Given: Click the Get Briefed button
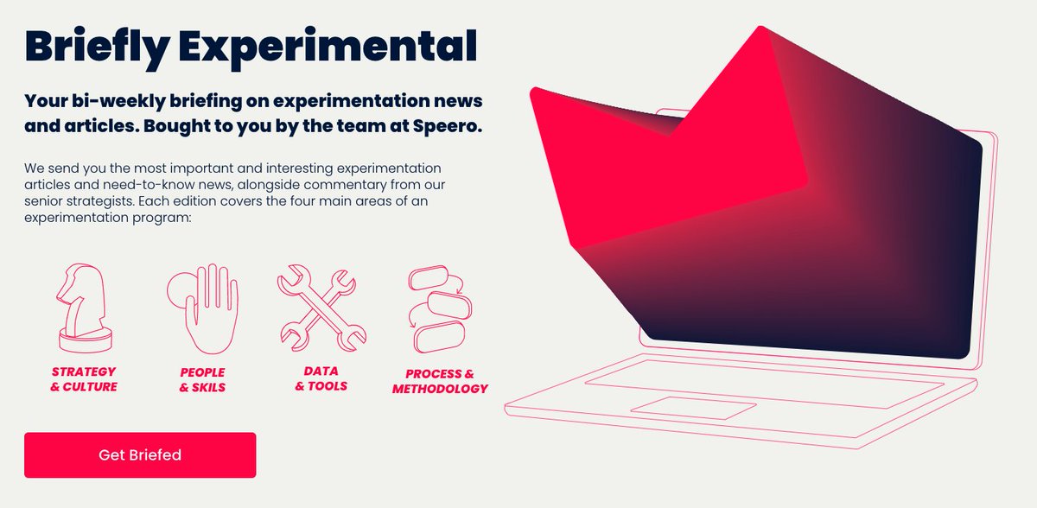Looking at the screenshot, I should [x=140, y=455].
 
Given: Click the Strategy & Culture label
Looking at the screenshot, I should [x=83, y=379].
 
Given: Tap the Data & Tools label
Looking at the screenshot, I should [x=321, y=378].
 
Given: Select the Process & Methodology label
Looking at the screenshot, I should [x=440, y=381].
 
